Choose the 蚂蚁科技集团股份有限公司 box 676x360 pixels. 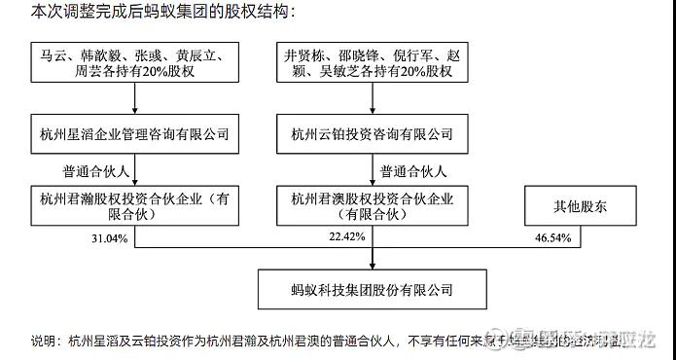click(x=373, y=289)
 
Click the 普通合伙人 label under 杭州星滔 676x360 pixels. click(x=94, y=170)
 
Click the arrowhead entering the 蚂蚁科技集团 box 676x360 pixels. click(x=374, y=265)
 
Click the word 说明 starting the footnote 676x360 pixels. click(x=44, y=341)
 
